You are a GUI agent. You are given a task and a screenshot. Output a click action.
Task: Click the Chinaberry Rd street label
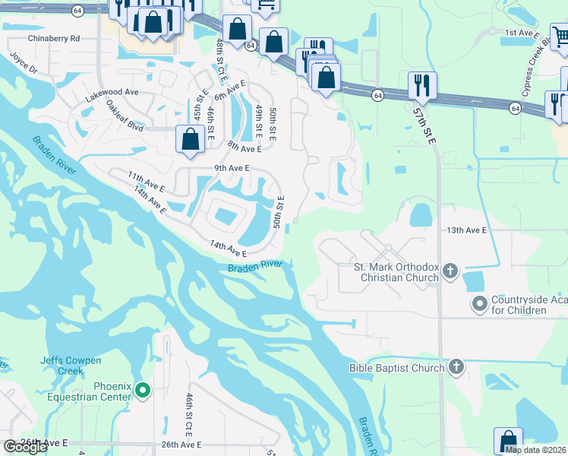tap(53, 38)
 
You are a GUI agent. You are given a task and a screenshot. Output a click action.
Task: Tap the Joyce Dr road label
tap(23, 62)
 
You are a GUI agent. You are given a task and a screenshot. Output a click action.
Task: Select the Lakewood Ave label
tap(112, 92)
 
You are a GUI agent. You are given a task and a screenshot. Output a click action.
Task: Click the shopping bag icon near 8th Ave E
tap(189, 138)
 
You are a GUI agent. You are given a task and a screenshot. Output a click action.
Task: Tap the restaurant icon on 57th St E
tap(421, 85)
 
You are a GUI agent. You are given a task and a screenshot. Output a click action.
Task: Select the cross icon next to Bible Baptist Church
tap(456, 368)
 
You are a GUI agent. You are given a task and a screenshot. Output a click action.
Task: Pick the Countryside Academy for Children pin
tap(479, 304)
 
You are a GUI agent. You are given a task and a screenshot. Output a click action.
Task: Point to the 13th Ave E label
tap(465, 230)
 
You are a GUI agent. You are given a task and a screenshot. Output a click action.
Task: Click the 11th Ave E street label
tap(146, 181)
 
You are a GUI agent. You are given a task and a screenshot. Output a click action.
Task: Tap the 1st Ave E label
tap(522, 33)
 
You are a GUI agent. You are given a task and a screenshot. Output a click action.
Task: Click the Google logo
tap(25, 447)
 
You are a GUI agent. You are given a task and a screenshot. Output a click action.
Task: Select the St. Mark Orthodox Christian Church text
tap(396, 272)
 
